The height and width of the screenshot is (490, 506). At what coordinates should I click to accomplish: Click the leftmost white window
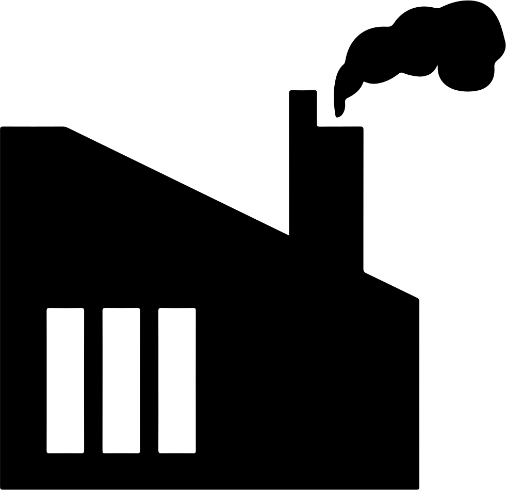(66, 380)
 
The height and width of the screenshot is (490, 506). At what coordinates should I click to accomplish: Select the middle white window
(121, 380)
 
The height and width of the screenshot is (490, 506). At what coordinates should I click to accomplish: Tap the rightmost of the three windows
(177, 380)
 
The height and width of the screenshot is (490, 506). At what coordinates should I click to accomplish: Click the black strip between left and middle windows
(93, 380)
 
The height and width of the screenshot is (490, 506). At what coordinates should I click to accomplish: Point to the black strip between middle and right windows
(149, 380)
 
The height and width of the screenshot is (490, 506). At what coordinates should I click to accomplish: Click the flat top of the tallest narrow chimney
(303, 92)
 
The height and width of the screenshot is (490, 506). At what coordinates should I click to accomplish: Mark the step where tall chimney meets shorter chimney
(317, 126)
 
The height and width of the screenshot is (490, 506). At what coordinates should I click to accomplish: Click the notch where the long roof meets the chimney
(289, 235)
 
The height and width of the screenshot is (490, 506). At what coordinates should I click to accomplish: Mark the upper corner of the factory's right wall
(418, 299)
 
